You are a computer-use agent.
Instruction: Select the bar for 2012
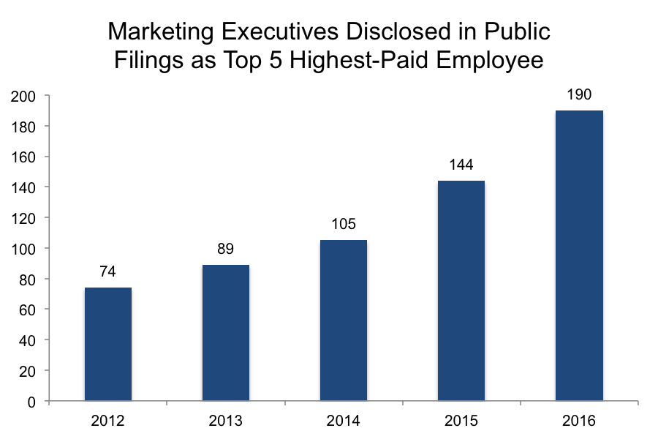pos(108,344)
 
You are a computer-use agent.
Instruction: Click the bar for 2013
pos(226,333)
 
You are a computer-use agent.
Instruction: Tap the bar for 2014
pos(344,320)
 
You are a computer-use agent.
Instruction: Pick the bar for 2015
pos(461,290)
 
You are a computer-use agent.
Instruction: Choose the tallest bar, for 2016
pos(579,256)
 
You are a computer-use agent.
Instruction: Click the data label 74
pos(108,272)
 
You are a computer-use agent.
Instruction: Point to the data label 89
pos(226,249)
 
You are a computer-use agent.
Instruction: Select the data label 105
pos(344,225)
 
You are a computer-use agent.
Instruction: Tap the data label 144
pos(461,165)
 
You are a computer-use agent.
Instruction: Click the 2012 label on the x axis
pos(108,421)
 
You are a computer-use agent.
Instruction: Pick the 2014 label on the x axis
pos(344,421)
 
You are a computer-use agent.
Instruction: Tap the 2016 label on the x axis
pos(579,421)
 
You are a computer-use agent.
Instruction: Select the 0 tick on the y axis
pos(33,402)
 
